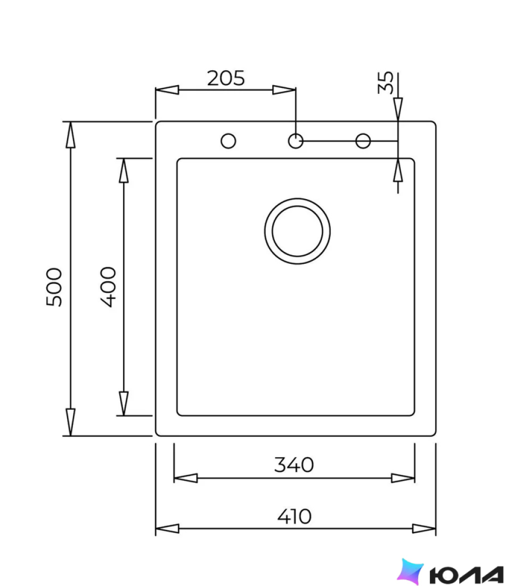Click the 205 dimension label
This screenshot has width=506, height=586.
(226, 78)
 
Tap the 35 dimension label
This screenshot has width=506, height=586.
(385, 83)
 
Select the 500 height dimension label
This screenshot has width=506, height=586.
(54, 287)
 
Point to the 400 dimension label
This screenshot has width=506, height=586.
(108, 287)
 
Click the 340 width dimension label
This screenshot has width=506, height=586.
(294, 465)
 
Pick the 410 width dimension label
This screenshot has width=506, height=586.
(294, 517)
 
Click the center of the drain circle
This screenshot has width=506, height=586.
(297, 231)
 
